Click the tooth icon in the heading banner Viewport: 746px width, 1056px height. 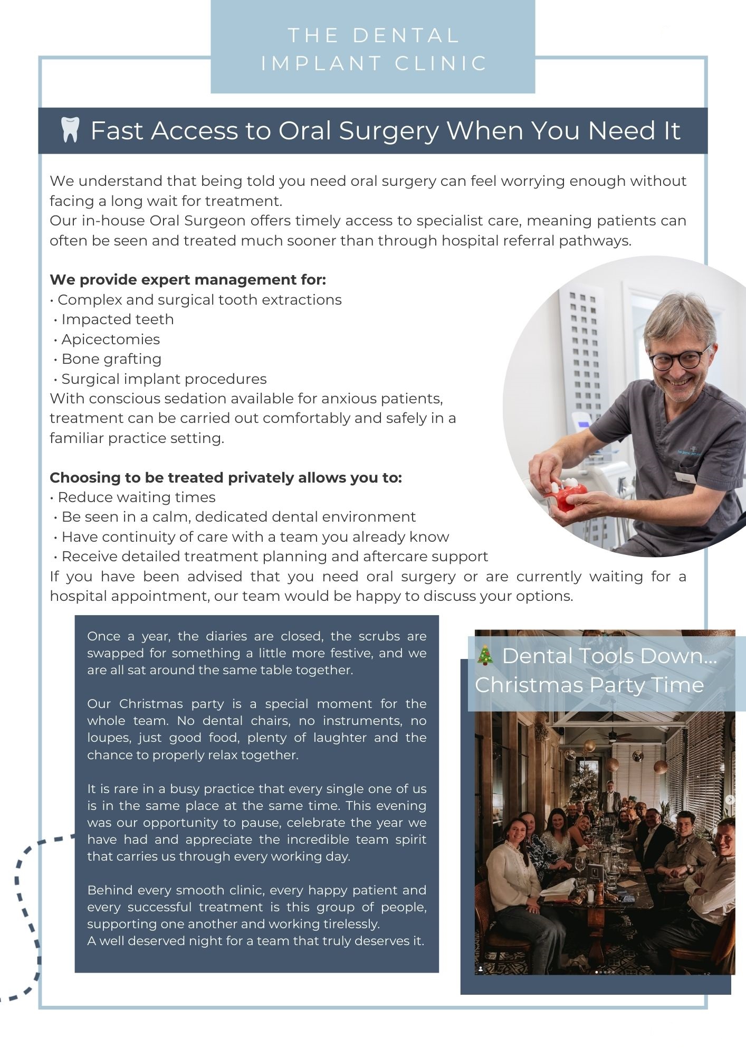click(70, 130)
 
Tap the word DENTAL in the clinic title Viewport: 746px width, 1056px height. click(406, 36)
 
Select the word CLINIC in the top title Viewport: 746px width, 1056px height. click(441, 63)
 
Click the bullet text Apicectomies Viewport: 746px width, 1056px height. click(110, 340)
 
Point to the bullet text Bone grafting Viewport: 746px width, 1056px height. click(111, 359)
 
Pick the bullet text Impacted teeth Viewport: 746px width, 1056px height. click(117, 319)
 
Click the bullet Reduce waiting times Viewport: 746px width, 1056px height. click(136, 497)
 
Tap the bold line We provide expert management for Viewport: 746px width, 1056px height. click(188, 280)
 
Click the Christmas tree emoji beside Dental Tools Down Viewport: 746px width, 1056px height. click(485, 655)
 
